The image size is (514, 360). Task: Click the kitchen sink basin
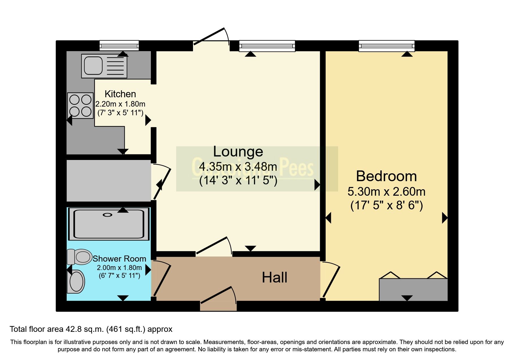(x=93, y=66)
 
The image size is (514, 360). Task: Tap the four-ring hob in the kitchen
(x=80, y=106)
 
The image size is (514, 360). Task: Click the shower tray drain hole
(x=108, y=215)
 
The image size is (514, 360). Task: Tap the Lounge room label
(x=238, y=152)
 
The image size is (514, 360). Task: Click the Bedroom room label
(x=386, y=176)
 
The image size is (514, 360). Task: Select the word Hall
(x=274, y=278)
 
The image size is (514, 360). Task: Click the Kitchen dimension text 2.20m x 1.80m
(x=120, y=104)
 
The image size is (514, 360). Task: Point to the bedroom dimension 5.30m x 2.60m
(x=386, y=192)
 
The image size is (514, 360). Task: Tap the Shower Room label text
(x=119, y=259)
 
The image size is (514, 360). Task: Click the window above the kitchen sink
(x=119, y=46)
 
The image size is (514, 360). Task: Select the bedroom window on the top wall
(x=386, y=46)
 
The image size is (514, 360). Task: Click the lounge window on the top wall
(x=267, y=46)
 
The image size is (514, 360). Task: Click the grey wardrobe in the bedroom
(x=413, y=289)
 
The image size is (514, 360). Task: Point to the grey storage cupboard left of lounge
(x=109, y=181)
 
